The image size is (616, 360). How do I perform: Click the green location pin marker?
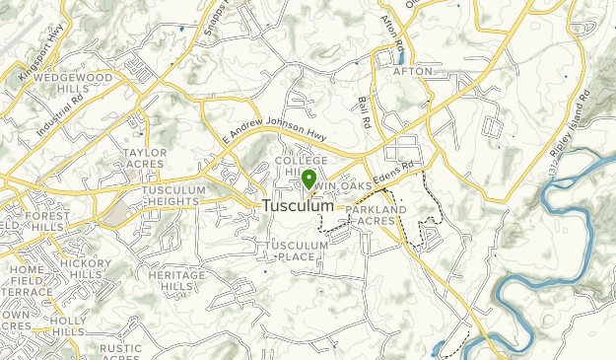coord(308,179)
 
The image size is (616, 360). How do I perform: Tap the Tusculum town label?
coord(299,206)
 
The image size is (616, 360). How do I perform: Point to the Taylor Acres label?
coord(145,159)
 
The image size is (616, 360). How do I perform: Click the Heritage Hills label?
coord(177,280)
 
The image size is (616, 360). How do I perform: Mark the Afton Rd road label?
coord(394,35)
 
